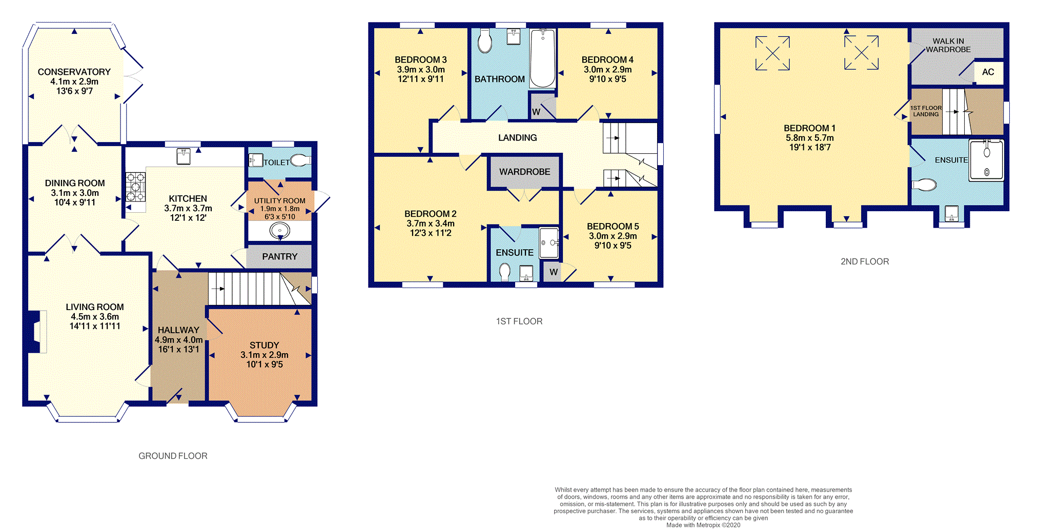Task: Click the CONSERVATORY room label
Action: [74, 72]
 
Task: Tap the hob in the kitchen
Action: [136, 187]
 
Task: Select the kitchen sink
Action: [184, 156]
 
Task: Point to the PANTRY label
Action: [280, 256]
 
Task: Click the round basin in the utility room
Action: [280, 231]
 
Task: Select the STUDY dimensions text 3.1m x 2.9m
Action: [264, 355]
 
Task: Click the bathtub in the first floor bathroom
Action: [542, 58]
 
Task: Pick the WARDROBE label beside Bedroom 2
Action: [525, 172]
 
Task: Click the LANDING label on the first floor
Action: [518, 137]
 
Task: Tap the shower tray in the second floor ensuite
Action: [986, 159]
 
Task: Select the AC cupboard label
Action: [988, 72]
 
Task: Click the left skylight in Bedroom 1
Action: [772, 53]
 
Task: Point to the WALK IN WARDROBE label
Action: [948, 45]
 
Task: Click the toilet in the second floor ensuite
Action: [924, 185]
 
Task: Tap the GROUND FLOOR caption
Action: [173, 456]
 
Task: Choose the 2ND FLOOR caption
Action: [865, 261]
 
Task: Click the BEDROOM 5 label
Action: [613, 226]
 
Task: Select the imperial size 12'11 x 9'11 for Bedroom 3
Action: [421, 79]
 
